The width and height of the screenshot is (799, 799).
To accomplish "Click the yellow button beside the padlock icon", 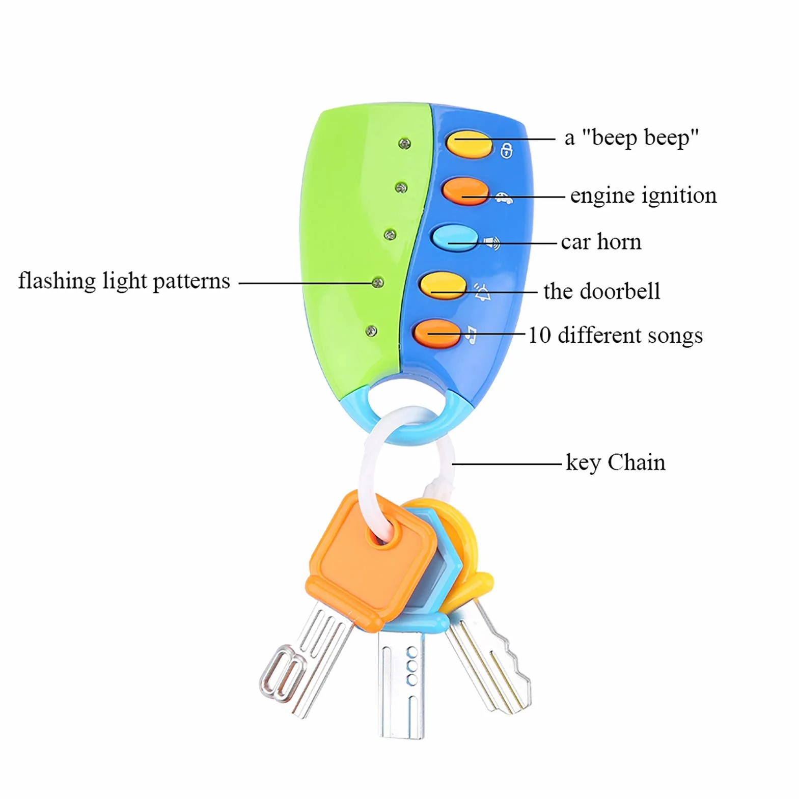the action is tap(469, 144).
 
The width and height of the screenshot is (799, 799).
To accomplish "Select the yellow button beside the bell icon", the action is tap(443, 285).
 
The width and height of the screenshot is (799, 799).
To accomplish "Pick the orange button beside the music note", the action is tap(437, 334).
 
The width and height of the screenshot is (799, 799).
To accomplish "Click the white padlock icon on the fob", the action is tap(506, 150).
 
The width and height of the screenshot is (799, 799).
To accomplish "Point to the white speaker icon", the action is tap(492, 242).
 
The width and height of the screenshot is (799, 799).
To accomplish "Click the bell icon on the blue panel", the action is tap(482, 291).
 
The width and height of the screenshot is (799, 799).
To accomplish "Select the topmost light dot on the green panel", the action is tap(404, 144).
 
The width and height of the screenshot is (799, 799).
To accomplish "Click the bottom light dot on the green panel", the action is tap(372, 331).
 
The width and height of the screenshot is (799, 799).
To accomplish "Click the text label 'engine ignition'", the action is tap(643, 195).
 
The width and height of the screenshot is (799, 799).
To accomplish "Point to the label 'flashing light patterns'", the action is tap(124, 281).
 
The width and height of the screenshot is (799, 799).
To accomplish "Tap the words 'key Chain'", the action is tap(616, 462).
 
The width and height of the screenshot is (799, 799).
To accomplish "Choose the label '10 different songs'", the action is tap(615, 336).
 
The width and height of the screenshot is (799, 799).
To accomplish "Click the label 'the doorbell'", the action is tap(602, 291).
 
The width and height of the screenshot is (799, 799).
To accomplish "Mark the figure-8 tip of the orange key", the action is tap(283, 672).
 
